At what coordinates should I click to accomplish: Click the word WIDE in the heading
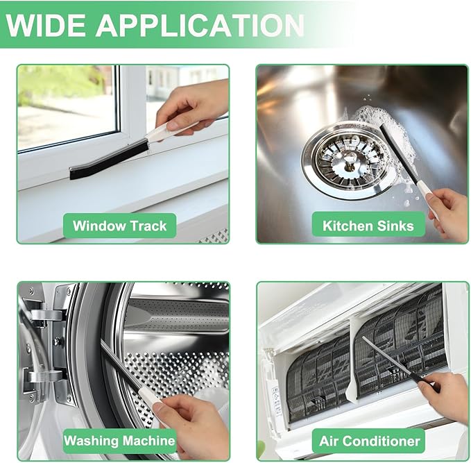pos(45,25)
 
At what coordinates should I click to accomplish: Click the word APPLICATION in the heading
pos(200,25)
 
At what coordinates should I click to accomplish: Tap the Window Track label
pos(119,226)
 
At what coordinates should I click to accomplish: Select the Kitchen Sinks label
pos(368,226)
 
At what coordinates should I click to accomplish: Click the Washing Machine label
pos(119,441)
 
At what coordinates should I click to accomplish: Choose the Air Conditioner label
pos(369,441)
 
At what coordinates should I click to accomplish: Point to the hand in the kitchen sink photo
pos(448,214)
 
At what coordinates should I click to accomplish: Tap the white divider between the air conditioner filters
pos(352,361)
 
